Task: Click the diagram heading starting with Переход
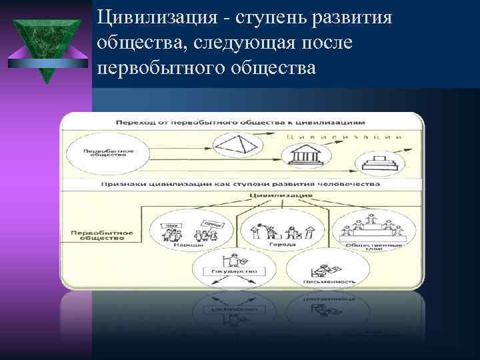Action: click(240, 123)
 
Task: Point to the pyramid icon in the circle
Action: click(229, 144)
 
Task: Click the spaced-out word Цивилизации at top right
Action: click(343, 135)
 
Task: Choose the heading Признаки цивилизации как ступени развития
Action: click(241, 183)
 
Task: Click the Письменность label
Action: click(323, 281)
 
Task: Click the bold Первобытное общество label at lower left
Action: click(97, 235)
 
